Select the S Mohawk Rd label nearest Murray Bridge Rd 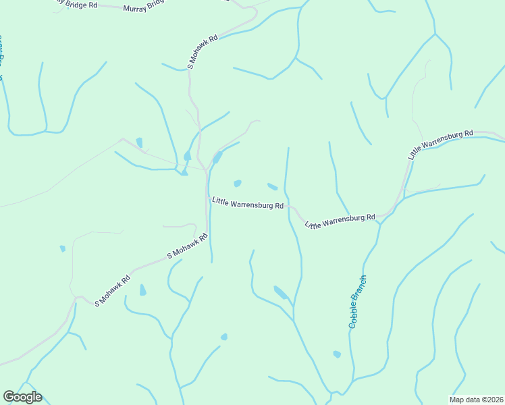pos(203,52)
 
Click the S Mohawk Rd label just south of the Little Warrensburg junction pos(187,247)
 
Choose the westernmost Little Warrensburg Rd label pos(247,202)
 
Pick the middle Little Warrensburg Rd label pos(340,221)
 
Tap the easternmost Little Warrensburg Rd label pos(440,144)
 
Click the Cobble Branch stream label pos(358,302)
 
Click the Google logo pos(22,397)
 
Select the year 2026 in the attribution pos(493,400)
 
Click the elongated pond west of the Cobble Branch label pos(280,292)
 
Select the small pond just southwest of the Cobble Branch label pos(337,354)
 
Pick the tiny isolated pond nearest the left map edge pos(63,248)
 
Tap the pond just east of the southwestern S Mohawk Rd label pos(142,290)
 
